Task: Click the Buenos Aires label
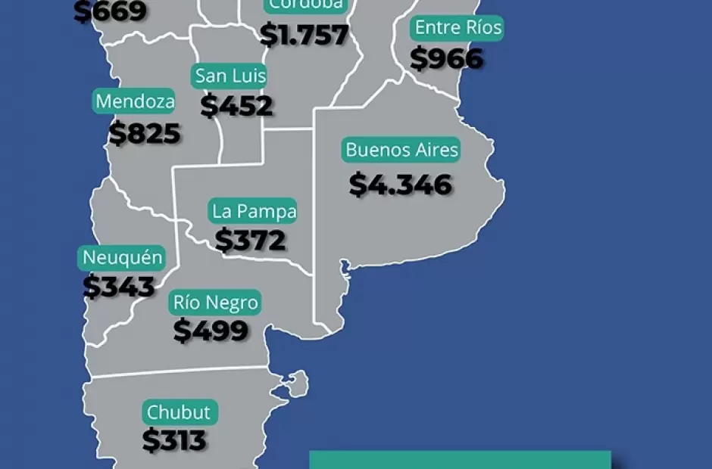[401, 150]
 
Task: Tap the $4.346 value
[401, 185]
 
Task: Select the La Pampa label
[254, 211]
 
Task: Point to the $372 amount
[251, 241]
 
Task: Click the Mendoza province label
[135, 101]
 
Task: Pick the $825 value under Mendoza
[145, 134]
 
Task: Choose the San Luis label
[230, 76]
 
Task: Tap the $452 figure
[236, 106]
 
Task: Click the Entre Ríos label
[458, 29]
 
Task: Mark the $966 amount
[447, 59]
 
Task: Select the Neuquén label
[122, 258]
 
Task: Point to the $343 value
[119, 287]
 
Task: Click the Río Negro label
[216, 303]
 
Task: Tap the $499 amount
[211, 331]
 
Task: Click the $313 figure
[174, 440]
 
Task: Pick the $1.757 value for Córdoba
[304, 35]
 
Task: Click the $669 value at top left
[111, 12]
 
